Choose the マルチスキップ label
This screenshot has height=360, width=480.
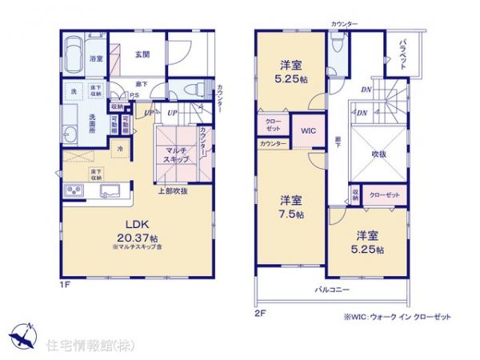[177, 154]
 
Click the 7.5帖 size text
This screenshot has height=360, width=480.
[291, 215]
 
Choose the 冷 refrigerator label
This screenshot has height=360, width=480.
[120, 148]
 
